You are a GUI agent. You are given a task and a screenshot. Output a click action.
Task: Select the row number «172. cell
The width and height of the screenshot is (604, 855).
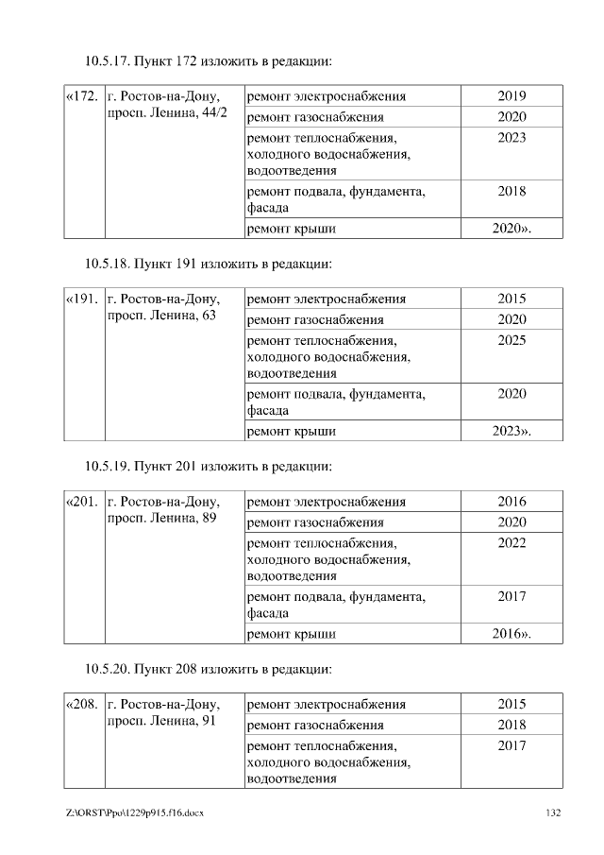82,96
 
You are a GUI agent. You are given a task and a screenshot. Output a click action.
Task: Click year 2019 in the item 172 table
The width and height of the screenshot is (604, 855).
512,96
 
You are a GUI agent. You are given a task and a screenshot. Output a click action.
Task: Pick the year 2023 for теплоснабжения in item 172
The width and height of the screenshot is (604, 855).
512,138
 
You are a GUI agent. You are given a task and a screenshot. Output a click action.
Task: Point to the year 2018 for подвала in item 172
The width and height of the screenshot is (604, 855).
512,192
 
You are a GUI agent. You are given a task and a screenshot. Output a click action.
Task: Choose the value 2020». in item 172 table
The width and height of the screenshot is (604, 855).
512,229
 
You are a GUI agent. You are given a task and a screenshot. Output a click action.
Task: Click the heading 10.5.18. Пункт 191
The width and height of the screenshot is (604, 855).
209,264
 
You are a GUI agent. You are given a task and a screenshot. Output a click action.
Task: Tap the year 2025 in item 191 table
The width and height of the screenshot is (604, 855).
512,340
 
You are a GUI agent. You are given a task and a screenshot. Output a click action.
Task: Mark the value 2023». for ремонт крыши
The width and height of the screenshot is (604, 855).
512,432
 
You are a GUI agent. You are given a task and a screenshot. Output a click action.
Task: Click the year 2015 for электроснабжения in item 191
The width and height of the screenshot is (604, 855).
512,299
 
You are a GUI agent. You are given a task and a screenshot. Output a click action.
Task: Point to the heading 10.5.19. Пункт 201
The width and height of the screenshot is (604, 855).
209,466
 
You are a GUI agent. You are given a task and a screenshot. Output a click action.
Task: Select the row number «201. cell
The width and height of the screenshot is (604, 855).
82,502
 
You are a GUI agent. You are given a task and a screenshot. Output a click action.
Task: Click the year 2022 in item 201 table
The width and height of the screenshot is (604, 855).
512,543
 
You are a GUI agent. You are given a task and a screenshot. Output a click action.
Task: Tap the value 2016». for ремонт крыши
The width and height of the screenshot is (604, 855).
512,634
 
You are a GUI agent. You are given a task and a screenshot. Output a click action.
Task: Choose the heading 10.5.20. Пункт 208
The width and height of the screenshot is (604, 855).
209,669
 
